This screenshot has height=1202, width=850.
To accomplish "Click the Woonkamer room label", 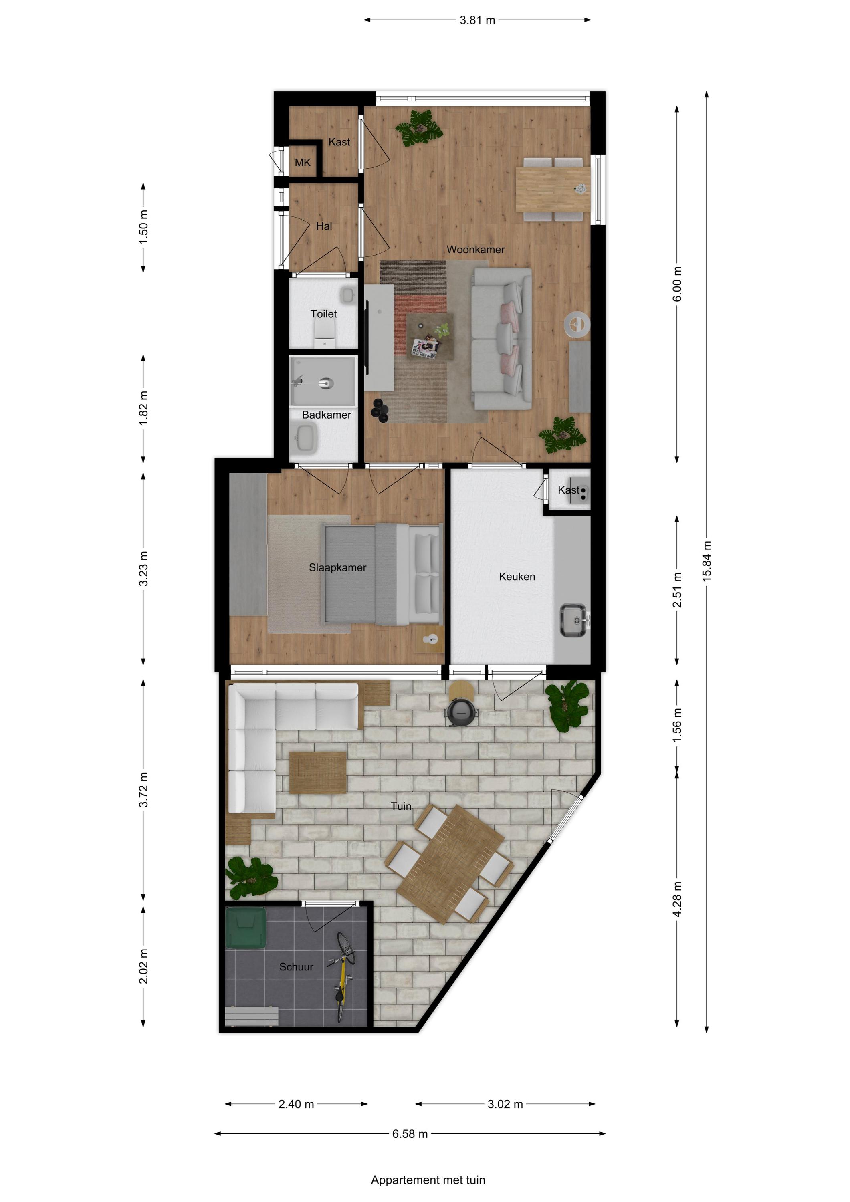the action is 476,250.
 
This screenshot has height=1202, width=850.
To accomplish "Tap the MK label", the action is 303,163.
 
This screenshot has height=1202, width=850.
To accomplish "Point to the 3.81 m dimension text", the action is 477,20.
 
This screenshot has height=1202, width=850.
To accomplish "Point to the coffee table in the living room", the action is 430,336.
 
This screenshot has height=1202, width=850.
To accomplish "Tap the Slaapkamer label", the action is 337,567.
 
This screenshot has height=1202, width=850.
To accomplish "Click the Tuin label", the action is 401,806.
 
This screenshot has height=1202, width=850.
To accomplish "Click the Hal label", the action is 324,226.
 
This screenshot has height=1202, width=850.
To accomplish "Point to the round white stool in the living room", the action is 577,325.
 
